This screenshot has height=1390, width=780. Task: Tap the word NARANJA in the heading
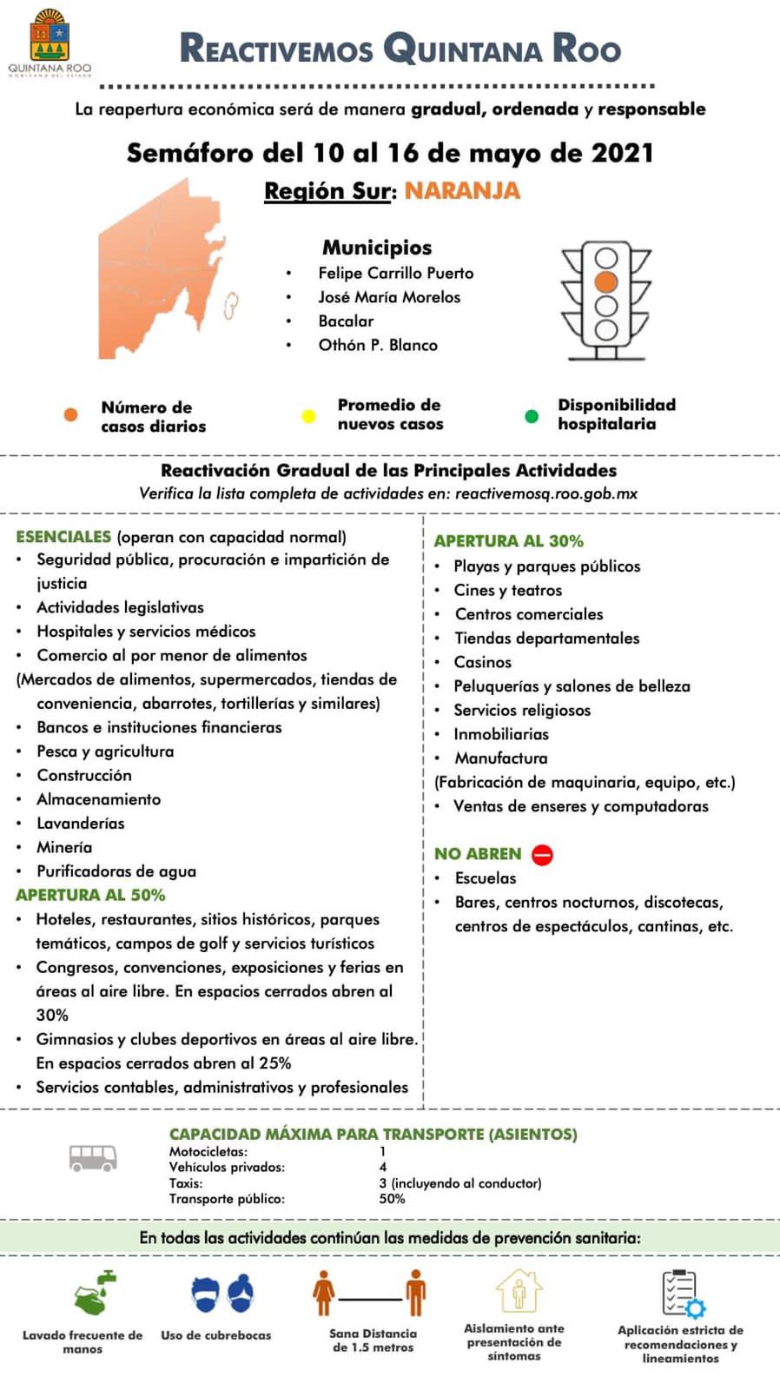tap(462, 191)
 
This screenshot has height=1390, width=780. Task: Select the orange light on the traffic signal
tap(606, 281)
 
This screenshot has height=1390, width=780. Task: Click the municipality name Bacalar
tap(346, 321)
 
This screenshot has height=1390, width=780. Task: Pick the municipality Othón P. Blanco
tap(378, 345)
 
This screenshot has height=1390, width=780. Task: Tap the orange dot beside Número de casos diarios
tap(70, 415)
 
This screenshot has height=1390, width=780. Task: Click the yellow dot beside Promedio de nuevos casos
tap(307, 416)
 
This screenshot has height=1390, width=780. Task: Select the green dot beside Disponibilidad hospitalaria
tap(532, 416)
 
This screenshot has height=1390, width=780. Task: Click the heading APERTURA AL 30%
tap(508, 540)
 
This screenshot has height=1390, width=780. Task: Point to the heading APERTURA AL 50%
tap(90, 895)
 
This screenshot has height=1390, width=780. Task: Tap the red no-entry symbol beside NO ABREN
tap(542, 855)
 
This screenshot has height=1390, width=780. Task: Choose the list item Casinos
tap(482, 662)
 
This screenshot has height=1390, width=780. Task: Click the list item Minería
tap(64, 847)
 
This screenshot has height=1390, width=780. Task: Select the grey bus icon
tap(93, 1158)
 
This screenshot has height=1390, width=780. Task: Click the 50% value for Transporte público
tap(392, 1199)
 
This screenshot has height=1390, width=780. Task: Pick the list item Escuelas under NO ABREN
tap(485, 878)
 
